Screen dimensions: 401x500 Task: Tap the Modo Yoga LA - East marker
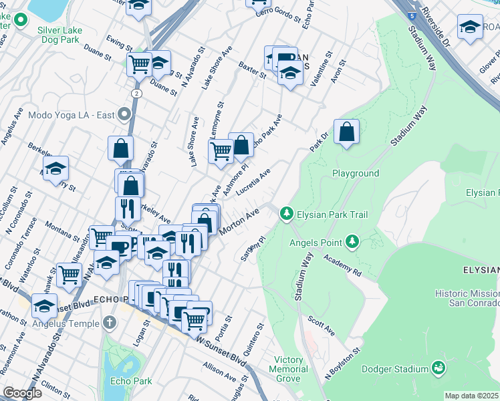tap(123, 114)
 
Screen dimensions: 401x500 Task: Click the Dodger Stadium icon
tap(439, 368)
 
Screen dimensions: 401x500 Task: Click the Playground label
tap(356, 173)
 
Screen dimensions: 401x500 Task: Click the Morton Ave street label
tap(239, 222)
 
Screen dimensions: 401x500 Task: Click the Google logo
tap(21, 392)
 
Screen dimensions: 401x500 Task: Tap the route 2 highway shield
tap(136, 93)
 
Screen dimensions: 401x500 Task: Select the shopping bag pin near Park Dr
tap(346, 132)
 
